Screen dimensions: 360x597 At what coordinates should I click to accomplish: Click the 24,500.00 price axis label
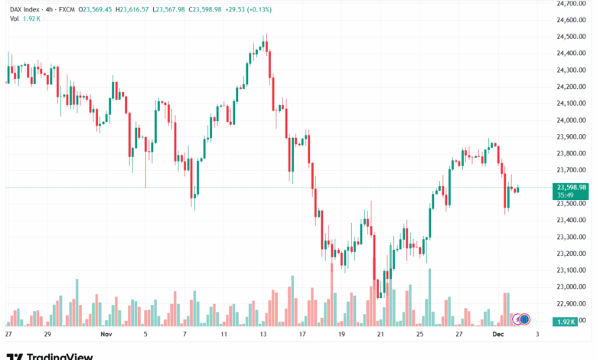[x=571, y=37]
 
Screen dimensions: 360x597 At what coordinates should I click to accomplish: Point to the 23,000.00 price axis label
[x=571, y=287]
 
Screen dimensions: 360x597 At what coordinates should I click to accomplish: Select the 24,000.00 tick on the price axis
[x=571, y=120]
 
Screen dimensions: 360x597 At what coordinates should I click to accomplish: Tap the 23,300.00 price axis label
[x=571, y=237]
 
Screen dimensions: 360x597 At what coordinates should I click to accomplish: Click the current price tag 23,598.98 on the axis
[x=572, y=187]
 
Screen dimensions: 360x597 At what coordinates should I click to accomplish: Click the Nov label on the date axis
[x=106, y=335]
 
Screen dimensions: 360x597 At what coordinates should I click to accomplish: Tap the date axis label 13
[x=263, y=335]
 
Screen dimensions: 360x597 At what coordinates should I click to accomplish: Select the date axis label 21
[x=380, y=335]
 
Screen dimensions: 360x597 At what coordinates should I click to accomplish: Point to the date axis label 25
[x=419, y=335]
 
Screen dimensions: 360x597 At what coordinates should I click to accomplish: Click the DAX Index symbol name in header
[x=23, y=8]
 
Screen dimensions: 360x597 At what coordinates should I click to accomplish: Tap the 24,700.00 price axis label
[x=571, y=3]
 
